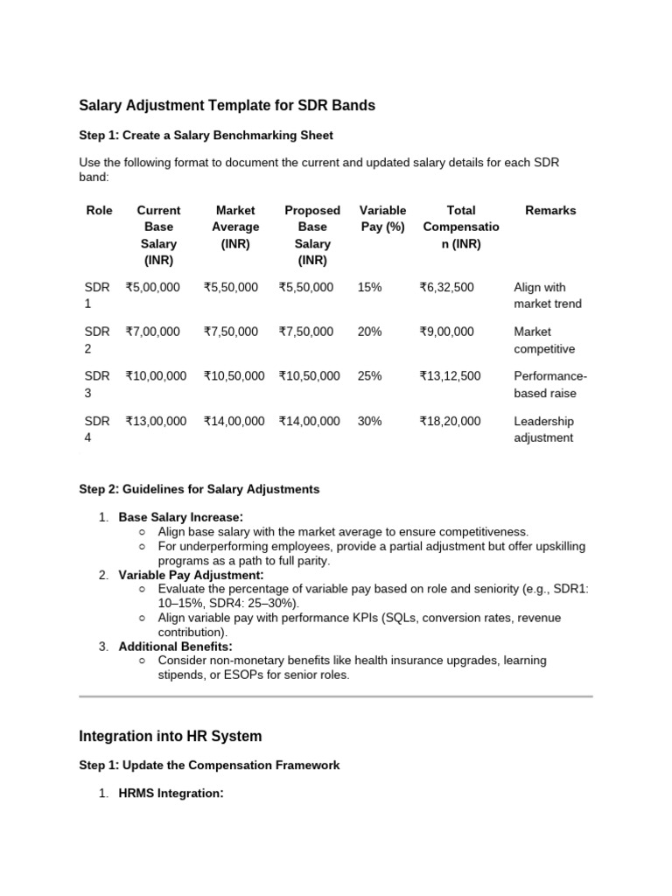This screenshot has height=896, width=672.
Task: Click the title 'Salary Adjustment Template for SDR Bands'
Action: point(227,105)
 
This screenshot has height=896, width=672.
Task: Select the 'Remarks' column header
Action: point(550,210)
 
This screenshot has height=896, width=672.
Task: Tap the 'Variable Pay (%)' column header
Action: point(382,219)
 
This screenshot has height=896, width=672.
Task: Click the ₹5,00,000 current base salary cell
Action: point(153,287)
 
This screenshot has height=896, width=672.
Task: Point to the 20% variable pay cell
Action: point(369,332)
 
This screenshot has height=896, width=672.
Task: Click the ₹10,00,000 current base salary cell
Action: point(156,375)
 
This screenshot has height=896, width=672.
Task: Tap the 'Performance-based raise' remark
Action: point(549,384)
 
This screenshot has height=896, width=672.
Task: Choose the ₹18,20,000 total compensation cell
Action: point(450,421)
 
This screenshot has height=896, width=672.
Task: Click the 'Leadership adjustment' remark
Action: point(543,429)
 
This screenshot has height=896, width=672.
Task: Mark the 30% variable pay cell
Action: point(369,421)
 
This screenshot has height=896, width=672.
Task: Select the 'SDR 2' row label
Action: point(97,339)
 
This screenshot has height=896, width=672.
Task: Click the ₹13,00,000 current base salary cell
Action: point(156,421)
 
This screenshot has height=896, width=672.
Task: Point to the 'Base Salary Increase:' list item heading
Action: point(181,517)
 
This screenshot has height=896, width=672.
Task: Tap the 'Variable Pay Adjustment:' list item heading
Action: point(191,575)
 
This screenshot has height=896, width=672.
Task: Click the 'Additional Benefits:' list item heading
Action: point(175,647)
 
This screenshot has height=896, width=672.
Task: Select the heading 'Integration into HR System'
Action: point(170,737)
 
